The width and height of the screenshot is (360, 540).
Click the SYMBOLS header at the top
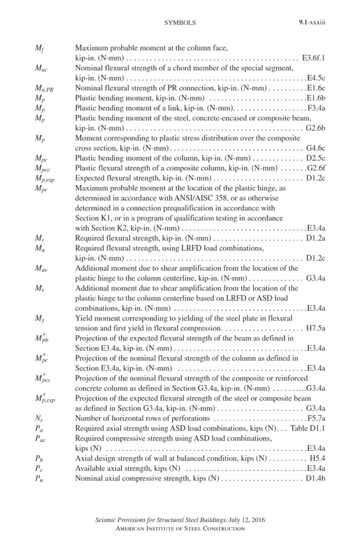(x=179, y=23)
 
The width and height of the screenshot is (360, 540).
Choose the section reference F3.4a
(x=316, y=107)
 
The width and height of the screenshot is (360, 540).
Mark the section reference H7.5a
(x=316, y=328)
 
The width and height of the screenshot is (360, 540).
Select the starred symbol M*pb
(x=41, y=339)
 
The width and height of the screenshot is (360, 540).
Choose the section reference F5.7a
(x=316, y=419)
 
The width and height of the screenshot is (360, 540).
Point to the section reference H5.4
(x=317, y=459)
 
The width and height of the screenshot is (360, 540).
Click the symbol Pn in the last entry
(x=38, y=479)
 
